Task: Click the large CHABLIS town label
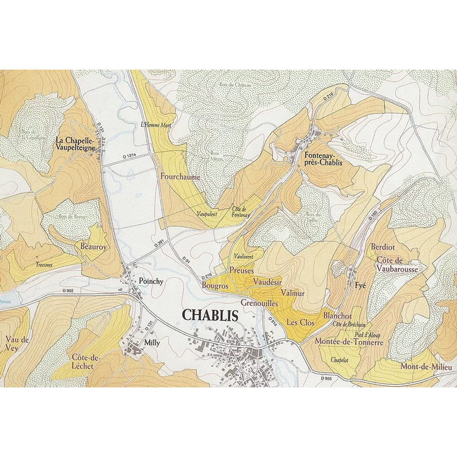tap(210, 315)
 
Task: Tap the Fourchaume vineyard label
tap(181, 177)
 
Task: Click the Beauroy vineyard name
tap(94, 248)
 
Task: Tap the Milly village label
tap(152, 342)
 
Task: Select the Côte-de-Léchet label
tap(86, 361)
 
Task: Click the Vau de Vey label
tap(16, 344)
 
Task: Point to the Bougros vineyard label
tap(215, 286)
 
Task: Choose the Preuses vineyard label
tap(241, 271)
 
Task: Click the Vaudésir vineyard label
tap(266, 281)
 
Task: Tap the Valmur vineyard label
tap(292, 291)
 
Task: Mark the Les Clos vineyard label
tap(301, 322)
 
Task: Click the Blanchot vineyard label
tap(337, 316)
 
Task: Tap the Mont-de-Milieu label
tap(426, 366)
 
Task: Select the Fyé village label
tap(361, 286)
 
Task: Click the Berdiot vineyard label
tap(384, 247)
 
